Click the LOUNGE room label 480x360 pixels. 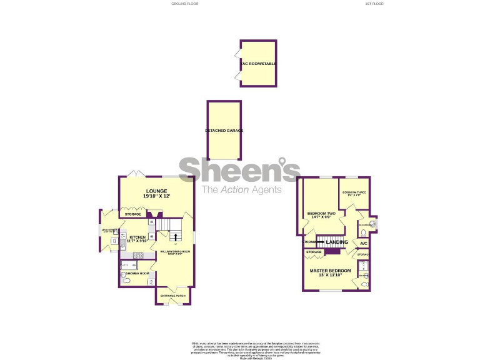(156, 191)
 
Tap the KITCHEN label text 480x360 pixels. (137, 237)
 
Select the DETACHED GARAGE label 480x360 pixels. (224, 131)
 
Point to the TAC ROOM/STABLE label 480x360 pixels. (258, 64)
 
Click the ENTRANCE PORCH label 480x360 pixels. (172, 295)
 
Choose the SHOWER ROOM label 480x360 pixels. (137, 274)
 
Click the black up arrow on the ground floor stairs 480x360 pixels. (176, 236)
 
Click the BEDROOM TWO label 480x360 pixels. (321, 214)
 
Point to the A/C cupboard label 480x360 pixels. (363, 243)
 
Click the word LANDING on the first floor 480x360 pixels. (337, 242)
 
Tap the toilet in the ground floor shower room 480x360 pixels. (126, 282)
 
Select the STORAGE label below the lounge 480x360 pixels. (132, 214)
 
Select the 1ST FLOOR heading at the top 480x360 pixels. (374, 4)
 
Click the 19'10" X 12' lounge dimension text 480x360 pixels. (156, 196)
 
